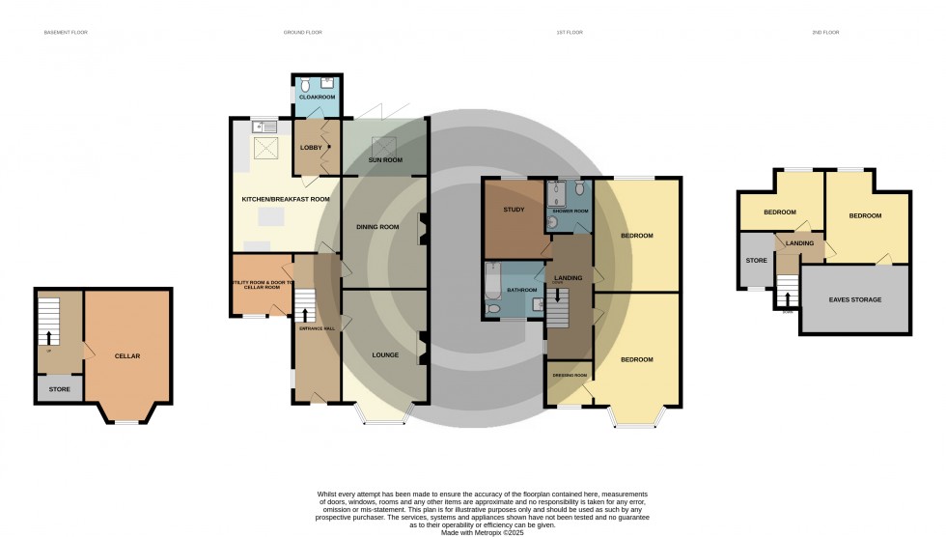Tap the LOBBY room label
point(311,147)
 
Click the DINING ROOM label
point(378,227)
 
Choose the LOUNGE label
point(385,355)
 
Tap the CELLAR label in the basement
point(127,355)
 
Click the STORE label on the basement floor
point(60,390)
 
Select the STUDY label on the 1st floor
point(514,209)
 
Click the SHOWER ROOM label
point(570,211)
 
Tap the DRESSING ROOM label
point(570,375)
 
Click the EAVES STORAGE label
point(855,299)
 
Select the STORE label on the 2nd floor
point(755,259)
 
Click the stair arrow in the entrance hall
point(306,314)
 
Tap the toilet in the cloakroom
point(302,82)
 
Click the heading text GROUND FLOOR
point(302,33)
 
